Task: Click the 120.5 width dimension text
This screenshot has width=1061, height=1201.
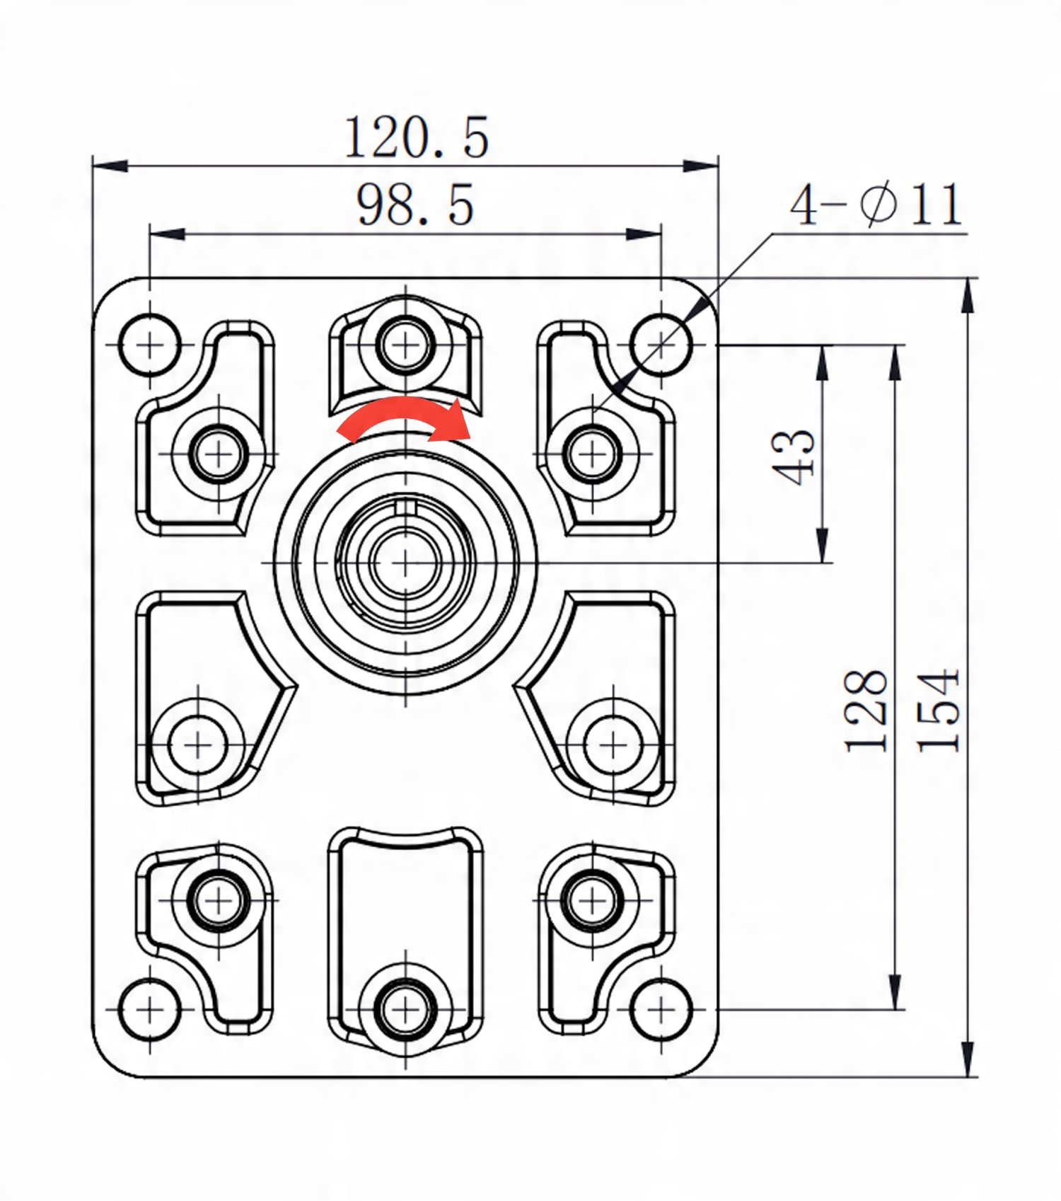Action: coord(416,137)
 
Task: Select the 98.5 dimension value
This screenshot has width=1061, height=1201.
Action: coord(414,205)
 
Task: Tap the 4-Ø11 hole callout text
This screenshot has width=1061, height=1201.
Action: coord(876,205)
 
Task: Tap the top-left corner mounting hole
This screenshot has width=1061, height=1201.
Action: coord(149,345)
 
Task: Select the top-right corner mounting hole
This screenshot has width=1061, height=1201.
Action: coord(661,345)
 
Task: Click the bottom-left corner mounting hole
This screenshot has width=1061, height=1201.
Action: coord(149,1009)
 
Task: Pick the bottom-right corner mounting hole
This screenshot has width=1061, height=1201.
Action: coord(661,1009)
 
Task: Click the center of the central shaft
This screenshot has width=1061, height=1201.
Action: coord(405,563)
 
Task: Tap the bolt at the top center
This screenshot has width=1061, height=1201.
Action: coord(405,345)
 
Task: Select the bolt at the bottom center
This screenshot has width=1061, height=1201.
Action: coord(405,1009)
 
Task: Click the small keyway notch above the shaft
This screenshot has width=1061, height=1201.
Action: coord(405,507)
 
